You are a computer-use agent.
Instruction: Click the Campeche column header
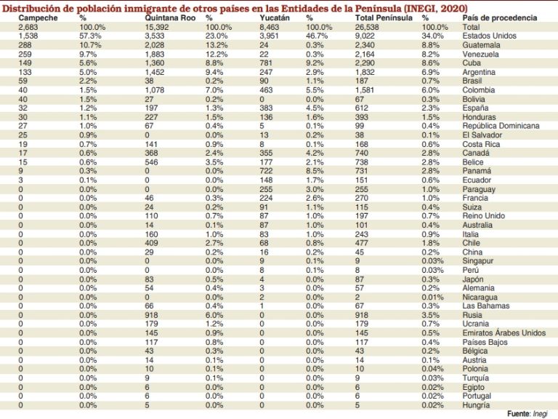[x=38, y=17]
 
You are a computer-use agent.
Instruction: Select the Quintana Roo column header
[x=170, y=17]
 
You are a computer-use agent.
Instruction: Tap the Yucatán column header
[x=275, y=17]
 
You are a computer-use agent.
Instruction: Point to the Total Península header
[x=384, y=17]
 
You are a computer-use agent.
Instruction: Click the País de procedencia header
[x=500, y=17]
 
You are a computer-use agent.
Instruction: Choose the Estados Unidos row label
[x=489, y=36]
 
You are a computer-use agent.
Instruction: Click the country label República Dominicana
[x=501, y=126]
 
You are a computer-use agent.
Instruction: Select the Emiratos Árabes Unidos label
[x=504, y=332]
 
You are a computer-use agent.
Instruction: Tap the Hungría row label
[x=476, y=405]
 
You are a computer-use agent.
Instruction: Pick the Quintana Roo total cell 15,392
[x=157, y=27]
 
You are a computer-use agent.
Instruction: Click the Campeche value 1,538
[x=28, y=36]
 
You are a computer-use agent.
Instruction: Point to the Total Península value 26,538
[x=367, y=27]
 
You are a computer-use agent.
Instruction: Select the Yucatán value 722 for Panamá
[x=266, y=171]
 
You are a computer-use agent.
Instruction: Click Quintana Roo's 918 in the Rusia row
[x=151, y=315]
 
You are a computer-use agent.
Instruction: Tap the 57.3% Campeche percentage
[x=90, y=36]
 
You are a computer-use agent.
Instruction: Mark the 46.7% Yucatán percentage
[x=317, y=36]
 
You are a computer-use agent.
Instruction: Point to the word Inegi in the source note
[x=540, y=414]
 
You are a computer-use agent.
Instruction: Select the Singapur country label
[x=477, y=261]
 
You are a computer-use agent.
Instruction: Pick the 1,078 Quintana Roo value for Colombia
[x=155, y=89]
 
